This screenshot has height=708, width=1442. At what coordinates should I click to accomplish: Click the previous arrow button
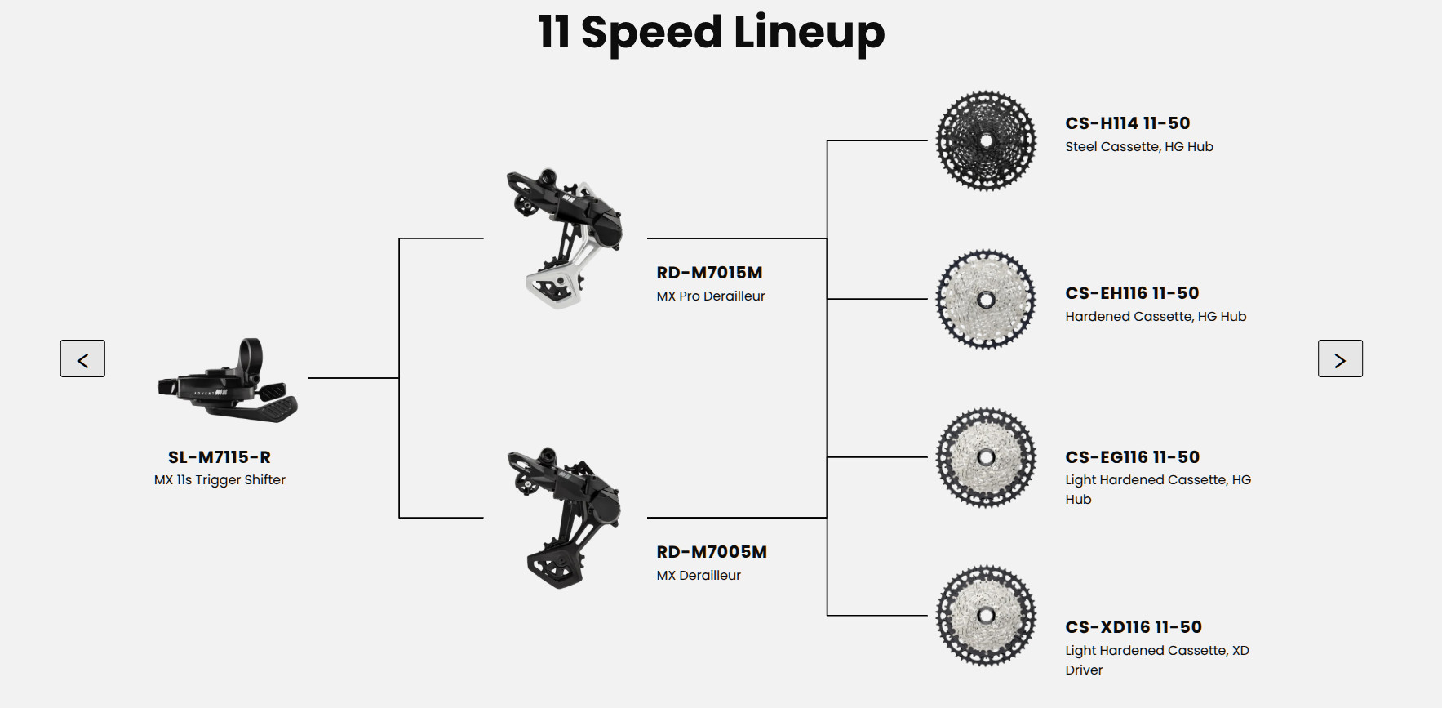tap(82, 358)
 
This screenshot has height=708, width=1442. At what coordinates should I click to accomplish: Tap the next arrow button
tap(1340, 358)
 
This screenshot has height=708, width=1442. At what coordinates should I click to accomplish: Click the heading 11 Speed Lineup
tap(711, 33)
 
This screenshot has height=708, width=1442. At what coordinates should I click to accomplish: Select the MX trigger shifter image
tap(228, 381)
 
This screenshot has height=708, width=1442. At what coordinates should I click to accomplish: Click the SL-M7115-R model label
tap(220, 457)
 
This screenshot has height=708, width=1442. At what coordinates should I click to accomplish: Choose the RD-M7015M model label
tap(709, 273)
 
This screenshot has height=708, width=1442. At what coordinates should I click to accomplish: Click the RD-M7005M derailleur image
tap(563, 518)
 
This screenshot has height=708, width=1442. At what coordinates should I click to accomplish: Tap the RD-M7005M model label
tap(712, 552)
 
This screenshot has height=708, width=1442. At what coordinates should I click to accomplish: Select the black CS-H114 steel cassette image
tap(986, 140)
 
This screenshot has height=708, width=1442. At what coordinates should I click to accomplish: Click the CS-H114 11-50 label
tap(1128, 123)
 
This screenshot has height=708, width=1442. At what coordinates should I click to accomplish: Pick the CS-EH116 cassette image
tap(986, 300)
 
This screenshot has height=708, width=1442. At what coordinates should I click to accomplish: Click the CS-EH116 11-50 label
tap(1132, 293)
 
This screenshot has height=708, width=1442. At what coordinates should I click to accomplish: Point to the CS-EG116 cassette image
tap(986, 457)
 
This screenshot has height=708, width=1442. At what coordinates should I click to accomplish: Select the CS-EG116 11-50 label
tap(1133, 457)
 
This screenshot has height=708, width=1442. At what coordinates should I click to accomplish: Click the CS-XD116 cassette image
tap(986, 615)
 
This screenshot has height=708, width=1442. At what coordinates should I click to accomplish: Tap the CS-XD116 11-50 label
tap(1134, 627)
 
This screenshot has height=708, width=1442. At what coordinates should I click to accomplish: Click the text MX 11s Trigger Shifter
tap(220, 480)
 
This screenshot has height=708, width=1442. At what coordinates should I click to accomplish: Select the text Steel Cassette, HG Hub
tap(1139, 147)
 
